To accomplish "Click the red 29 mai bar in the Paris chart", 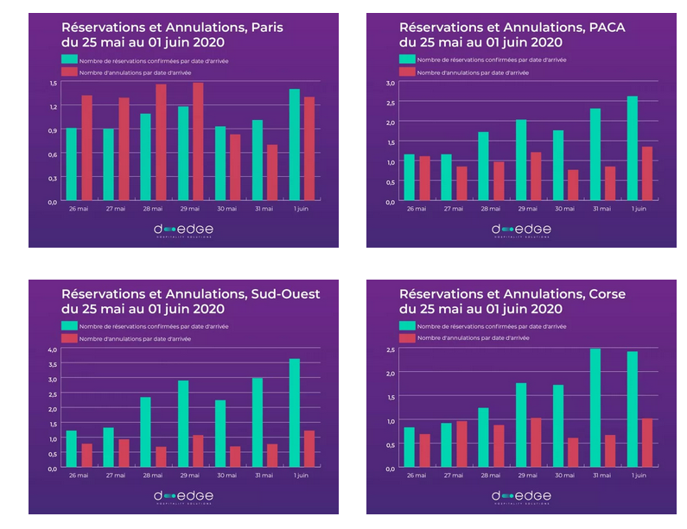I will tap(198, 142).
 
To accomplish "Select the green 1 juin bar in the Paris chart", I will tap(295, 145).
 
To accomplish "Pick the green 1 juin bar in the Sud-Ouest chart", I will tap(295, 413).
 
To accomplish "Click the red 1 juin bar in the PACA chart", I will tap(647, 174).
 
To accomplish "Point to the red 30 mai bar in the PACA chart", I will tap(573, 186).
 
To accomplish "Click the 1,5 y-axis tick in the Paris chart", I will tap(53, 83).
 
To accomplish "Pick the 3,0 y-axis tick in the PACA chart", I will tap(391, 83).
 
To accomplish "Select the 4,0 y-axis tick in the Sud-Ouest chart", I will tap(52, 350).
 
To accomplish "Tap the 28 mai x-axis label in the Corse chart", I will tap(489, 475).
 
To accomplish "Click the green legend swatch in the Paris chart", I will tap(68, 60).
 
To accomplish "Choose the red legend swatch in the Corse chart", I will tap(406, 338).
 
